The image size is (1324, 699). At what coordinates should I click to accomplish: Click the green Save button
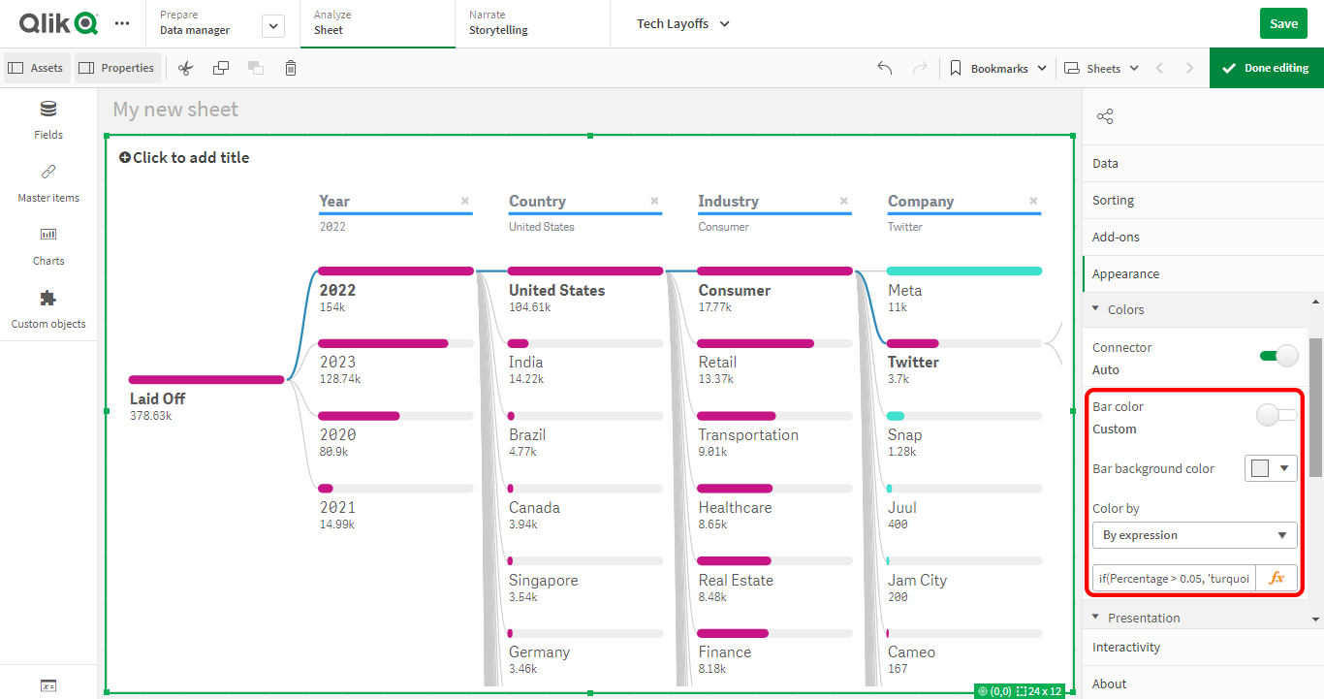click(1283, 24)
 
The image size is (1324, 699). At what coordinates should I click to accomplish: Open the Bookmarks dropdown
click(999, 68)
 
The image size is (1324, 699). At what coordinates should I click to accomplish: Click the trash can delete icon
click(291, 68)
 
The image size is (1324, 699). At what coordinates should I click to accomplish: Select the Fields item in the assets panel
click(48, 119)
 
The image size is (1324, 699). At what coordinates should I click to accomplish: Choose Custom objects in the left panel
click(48, 308)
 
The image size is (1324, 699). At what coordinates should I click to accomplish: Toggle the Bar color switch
click(1277, 416)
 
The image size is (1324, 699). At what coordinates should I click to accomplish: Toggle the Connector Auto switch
click(1278, 356)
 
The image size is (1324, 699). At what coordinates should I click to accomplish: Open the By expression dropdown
click(1194, 535)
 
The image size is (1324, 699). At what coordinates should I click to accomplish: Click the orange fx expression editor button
click(1277, 578)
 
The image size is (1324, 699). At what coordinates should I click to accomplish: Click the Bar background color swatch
click(1271, 468)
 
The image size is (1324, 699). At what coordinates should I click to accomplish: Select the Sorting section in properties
click(1113, 201)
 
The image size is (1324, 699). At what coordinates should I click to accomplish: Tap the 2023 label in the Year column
click(338, 363)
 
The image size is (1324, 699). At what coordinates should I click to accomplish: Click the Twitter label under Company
click(913, 363)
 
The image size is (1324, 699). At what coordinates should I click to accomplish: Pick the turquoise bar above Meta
click(964, 271)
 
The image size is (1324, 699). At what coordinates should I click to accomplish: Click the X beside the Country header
click(654, 202)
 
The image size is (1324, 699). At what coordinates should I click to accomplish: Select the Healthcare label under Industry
click(735, 507)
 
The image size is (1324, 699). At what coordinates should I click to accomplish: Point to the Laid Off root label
click(157, 398)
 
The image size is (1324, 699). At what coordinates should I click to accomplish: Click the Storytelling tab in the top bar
click(498, 30)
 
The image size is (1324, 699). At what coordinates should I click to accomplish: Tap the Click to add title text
click(191, 158)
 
